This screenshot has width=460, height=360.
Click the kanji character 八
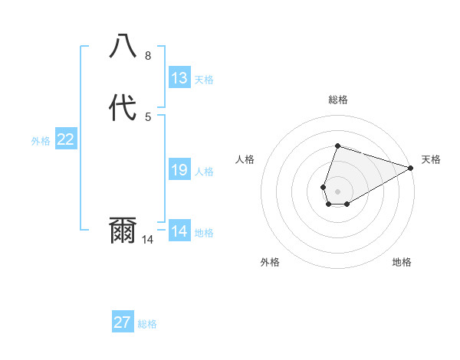(123, 46)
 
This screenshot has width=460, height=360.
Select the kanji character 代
(123, 107)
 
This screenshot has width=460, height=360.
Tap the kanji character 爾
(123, 231)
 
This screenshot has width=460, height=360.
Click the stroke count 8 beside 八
(148, 56)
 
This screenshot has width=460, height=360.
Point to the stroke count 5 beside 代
(148, 116)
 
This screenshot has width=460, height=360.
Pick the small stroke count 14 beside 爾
(148, 240)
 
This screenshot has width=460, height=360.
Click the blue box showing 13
(179, 78)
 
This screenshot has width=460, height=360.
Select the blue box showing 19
(179, 170)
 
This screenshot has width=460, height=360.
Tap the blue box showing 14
(179, 231)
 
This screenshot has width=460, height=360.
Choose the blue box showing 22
(66, 139)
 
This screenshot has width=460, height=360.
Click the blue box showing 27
(123, 322)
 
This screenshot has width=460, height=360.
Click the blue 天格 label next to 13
(204, 80)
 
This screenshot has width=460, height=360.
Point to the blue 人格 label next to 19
(204, 172)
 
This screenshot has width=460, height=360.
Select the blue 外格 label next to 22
(41, 141)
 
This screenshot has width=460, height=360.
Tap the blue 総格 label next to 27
(147, 324)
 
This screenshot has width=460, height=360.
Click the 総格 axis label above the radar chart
(338, 100)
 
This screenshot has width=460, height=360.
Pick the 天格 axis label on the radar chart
(431, 159)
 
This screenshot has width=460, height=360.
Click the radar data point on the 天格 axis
(411, 169)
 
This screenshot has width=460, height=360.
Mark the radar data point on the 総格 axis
(337, 146)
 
